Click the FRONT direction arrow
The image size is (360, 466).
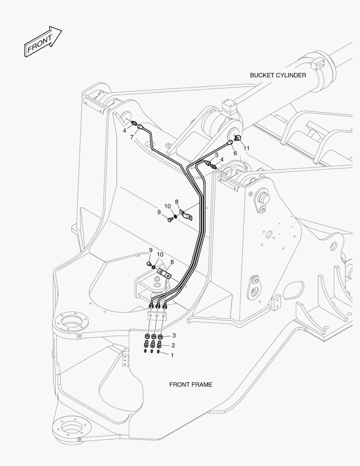point(43,41)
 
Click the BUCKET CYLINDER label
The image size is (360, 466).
point(278,75)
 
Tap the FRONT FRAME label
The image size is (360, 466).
point(191,384)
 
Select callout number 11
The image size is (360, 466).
point(247,148)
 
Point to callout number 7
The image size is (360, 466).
point(131,137)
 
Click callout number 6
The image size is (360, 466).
point(235,153)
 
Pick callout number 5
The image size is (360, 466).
point(217,155)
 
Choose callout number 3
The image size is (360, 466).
point(174,336)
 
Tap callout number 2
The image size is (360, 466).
point(173,345)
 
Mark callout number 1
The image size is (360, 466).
point(172,355)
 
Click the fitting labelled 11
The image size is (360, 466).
point(237,138)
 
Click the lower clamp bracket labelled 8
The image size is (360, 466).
point(164,273)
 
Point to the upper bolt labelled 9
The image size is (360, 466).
point(170,220)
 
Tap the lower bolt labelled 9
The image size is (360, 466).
point(150,264)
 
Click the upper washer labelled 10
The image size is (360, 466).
point(175,216)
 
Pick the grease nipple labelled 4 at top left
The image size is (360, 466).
point(133,122)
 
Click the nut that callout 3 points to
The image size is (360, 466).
point(160,337)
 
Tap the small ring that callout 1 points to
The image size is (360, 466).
point(158,352)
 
